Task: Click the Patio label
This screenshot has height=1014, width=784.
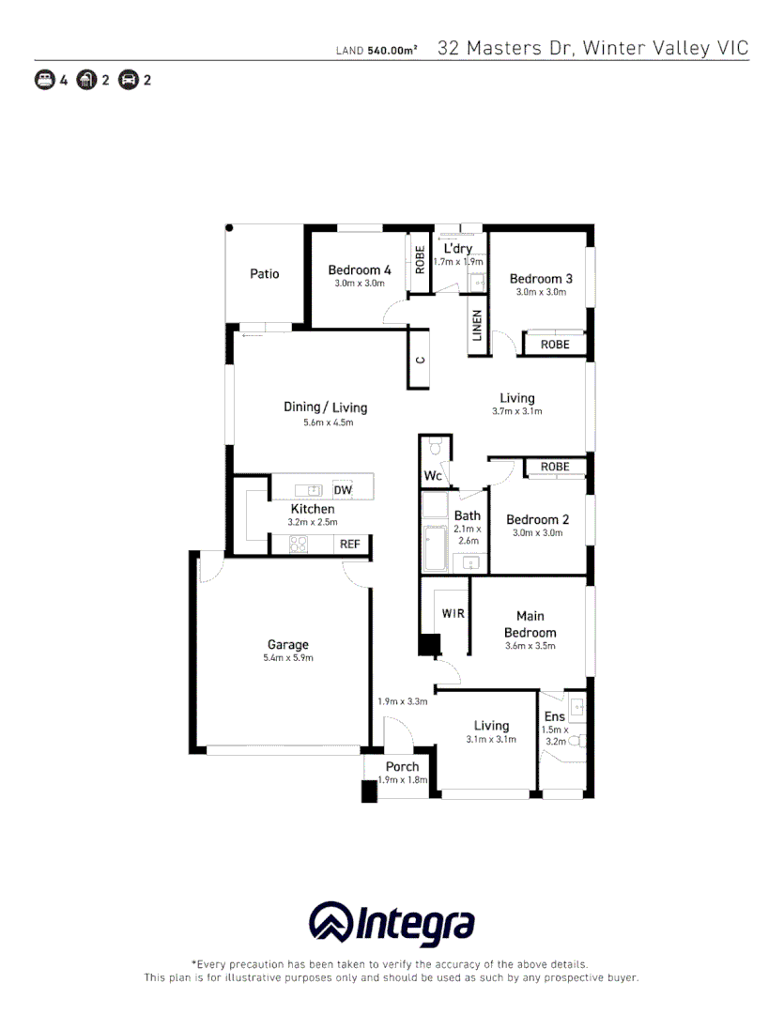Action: click(264, 274)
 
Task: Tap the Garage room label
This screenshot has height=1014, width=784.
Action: click(287, 645)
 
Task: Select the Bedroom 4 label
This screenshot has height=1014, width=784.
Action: click(359, 270)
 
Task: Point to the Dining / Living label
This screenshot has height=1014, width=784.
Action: click(325, 407)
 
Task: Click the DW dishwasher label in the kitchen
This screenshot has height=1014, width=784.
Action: click(343, 490)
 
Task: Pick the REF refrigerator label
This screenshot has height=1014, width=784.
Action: click(349, 544)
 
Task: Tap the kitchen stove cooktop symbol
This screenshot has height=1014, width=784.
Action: click(300, 544)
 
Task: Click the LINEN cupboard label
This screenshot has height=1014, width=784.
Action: click(477, 325)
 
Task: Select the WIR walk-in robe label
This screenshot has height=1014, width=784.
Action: click(453, 613)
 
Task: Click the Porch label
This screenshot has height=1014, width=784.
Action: click(402, 767)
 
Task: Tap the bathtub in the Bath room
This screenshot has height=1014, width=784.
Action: click(436, 549)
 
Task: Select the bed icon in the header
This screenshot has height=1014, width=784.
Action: click(44, 80)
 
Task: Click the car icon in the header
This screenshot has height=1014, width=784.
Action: click(129, 80)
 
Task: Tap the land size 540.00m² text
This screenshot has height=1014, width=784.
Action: click(392, 50)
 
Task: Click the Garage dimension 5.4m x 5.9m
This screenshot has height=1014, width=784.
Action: click(287, 658)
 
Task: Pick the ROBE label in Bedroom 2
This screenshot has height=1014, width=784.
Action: click(555, 467)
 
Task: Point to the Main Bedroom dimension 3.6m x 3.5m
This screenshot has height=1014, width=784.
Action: click(530, 646)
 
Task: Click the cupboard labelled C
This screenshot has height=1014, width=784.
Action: click(421, 360)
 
